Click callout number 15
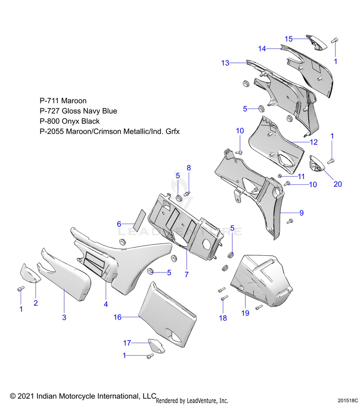click(288, 39)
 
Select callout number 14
click(262, 48)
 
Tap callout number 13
click(226, 63)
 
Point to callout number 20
click(337, 184)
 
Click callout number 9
click(301, 213)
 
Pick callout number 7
click(186, 274)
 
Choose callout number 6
click(120, 224)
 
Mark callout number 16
click(117, 317)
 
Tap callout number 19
click(245, 313)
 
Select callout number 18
click(223, 318)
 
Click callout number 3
click(64, 317)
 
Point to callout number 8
click(189, 168)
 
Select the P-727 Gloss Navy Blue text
click(78, 111)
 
